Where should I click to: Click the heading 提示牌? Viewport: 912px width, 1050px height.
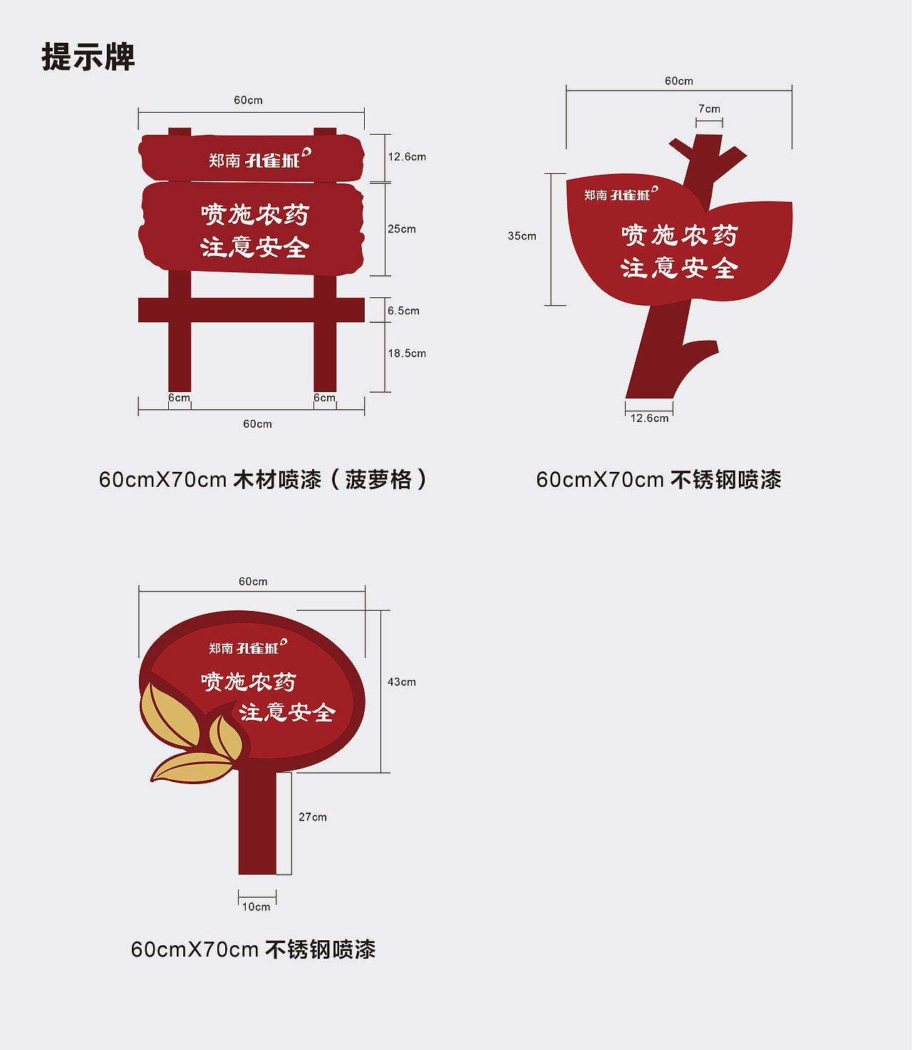(x=88, y=57)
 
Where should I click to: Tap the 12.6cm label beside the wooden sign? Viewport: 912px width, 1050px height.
(x=407, y=157)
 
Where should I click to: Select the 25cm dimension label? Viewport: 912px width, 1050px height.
(x=402, y=229)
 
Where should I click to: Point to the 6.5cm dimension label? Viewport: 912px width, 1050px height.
(x=403, y=311)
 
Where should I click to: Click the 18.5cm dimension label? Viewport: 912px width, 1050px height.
(x=407, y=353)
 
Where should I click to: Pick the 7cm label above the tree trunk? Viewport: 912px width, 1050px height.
(x=709, y=109)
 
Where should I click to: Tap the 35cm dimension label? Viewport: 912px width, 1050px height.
(x=522, y=236)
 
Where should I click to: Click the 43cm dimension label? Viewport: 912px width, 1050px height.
(x=401, y=682)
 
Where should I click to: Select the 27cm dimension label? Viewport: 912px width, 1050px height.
(x=312, y=817)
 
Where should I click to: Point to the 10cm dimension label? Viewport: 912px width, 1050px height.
(x=256, y=907)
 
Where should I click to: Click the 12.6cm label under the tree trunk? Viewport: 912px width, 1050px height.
(x=649, y=418)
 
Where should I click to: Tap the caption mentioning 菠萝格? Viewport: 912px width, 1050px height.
(x=263, y=480)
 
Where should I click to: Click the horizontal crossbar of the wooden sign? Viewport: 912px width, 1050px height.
(x=251, y=310)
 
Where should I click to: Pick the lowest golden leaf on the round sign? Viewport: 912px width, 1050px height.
(x=191, y=768)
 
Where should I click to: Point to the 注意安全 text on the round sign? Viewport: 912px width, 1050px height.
(x=287, y=712)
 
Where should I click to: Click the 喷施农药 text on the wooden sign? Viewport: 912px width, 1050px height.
(x=255, y=215)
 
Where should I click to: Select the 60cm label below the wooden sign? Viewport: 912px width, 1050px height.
(x=257, y=424)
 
